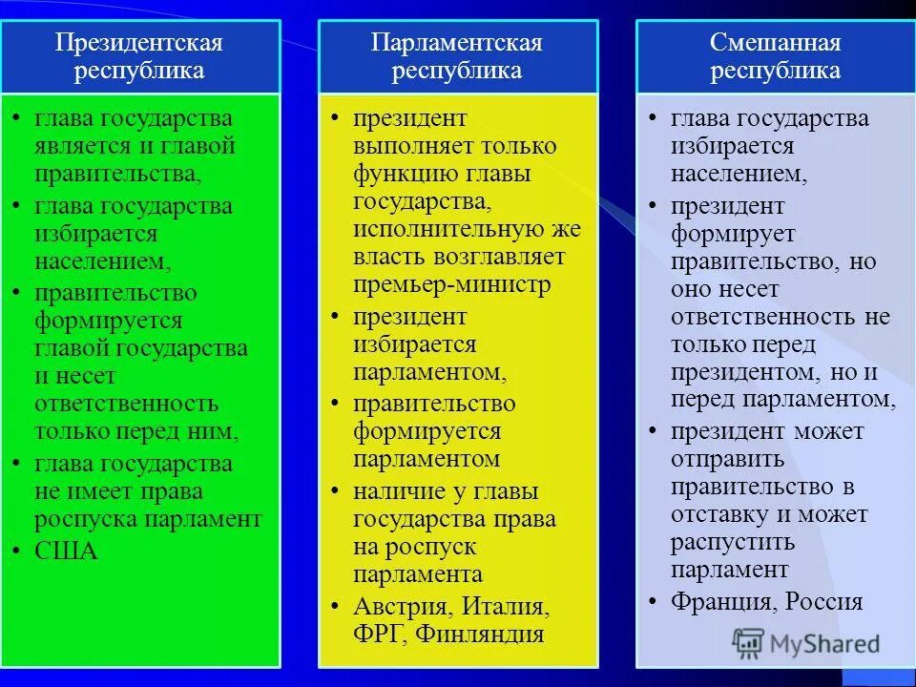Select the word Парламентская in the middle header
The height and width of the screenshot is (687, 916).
(x=457, y=43)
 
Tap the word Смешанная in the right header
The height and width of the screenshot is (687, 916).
(x=775, y=43)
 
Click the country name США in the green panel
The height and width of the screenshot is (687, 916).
(x=67, y=551)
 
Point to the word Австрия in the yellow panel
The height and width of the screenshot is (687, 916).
(x=399, y=607)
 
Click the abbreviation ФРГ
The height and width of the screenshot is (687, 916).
(x=377, y=634)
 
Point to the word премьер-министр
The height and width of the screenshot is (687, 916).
(x=451, y=284)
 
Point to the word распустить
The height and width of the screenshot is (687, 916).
(x=732, y=542)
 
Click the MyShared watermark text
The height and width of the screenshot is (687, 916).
(x=828, y=644)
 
